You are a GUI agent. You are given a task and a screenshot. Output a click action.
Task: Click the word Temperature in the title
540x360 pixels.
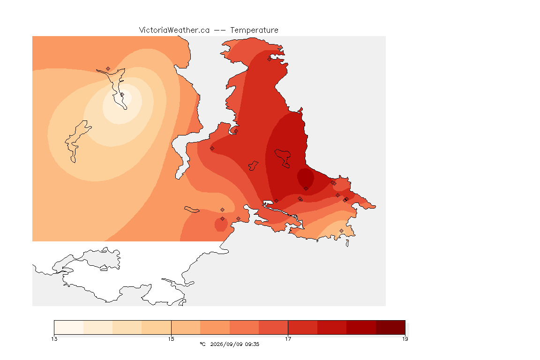[254, 30]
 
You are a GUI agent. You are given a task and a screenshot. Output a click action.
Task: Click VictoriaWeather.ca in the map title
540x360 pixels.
[174, 30]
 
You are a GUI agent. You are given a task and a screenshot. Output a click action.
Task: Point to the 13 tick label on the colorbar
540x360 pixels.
[54, 339]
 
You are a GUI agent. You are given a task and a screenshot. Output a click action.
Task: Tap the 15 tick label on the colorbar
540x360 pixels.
[171, 339]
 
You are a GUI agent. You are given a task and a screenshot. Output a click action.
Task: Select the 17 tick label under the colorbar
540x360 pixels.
[288, 339]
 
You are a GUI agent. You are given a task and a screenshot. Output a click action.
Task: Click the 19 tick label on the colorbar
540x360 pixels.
[405, 339]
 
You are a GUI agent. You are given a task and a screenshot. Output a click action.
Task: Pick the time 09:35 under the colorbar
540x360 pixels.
[252, 344]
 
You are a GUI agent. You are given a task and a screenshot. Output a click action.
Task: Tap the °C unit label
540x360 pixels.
[202, 344]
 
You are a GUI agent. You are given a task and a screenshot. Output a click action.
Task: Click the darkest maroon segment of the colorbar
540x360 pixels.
[390, 327]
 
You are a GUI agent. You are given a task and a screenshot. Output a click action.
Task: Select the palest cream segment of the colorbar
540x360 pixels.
[69, 327]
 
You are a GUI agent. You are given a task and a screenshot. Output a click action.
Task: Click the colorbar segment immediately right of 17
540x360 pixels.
[303, 327]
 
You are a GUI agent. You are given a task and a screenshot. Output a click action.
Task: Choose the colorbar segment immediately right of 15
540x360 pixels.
[186, 327]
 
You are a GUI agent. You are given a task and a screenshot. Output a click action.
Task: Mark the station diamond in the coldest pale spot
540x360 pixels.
[122, 94]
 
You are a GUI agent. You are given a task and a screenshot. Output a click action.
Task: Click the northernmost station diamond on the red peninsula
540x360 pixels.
[270, 59]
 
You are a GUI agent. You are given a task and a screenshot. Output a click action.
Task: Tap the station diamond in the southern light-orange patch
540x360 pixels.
[341, 231]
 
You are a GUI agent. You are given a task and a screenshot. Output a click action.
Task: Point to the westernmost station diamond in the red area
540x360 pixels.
[212, 149]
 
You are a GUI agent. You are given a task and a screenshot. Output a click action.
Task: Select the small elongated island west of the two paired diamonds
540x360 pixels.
[192, 210]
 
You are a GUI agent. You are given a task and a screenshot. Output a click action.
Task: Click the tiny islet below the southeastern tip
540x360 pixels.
[347, 243]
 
